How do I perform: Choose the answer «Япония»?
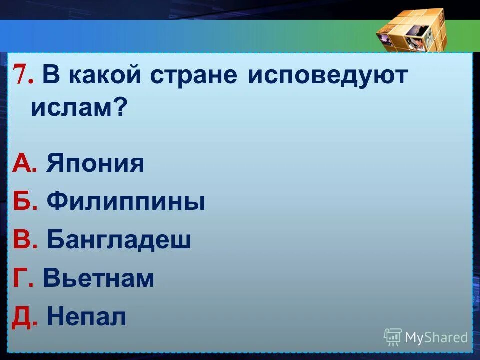95,164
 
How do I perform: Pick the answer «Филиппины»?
126,202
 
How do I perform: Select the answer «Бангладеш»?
119,240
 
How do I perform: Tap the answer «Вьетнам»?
98,278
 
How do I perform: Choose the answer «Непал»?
86,317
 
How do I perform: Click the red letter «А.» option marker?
25,164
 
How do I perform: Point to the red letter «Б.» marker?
25,202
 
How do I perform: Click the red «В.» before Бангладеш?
25,240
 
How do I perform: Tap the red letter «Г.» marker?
23,278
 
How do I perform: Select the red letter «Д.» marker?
25,317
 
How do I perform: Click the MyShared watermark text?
436,337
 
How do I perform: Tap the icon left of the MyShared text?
393,337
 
